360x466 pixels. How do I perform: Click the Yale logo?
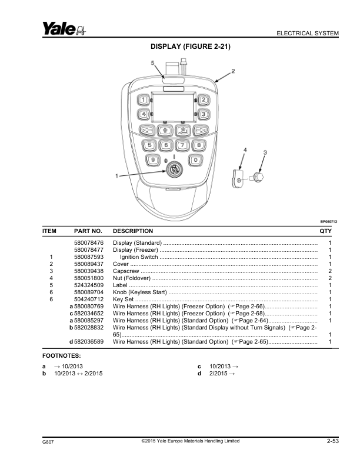click(64, 28)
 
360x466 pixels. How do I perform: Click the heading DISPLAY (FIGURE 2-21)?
click(191, 46)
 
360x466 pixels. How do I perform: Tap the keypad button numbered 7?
click(182, 145)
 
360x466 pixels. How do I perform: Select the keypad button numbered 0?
click(195, 160)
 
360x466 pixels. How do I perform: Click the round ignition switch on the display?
click(174, 170)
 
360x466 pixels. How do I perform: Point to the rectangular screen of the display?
click(173, 107)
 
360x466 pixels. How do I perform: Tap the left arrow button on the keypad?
click(147, 130)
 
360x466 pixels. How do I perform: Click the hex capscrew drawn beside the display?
click(257, 178)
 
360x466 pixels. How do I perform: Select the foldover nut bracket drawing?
click(237, 179)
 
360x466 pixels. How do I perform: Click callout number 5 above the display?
click(153, 63)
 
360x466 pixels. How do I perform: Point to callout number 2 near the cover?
click(233, 71)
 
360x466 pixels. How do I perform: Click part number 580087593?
click(89, 257)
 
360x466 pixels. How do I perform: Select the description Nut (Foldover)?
click(132, 278)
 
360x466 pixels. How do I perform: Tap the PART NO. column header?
click(88, 231)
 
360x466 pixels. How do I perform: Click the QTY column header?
click(325, 231)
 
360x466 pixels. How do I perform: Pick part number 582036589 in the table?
click(89, 342)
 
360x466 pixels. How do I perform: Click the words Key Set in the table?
click(124, 299)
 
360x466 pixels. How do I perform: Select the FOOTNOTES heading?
click(62, 356)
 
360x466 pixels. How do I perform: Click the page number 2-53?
click(333, 441)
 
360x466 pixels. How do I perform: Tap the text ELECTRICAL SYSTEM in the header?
click(308, 34)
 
